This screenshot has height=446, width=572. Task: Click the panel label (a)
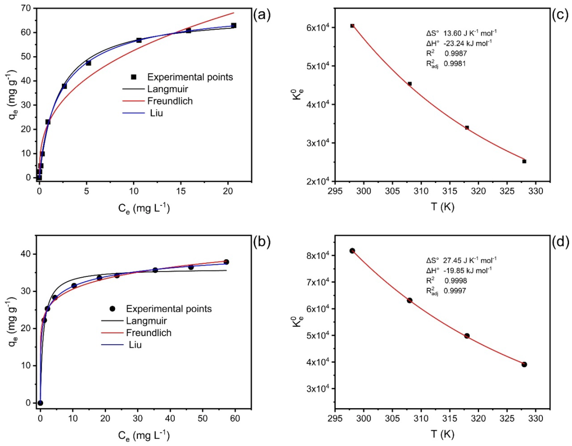click(x=261, y=16)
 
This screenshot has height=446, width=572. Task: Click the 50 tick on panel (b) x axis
click(x=202, y=418)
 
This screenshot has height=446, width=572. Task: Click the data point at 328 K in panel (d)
click(x=524, y=364)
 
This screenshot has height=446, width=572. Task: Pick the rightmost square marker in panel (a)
click(x=234, y=25)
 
